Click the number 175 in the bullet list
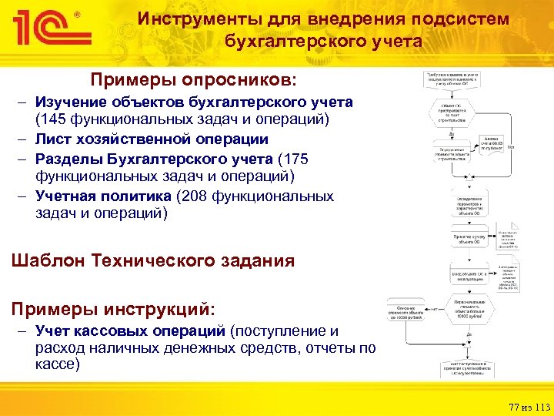(295, 159)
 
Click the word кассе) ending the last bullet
(58, 364)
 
